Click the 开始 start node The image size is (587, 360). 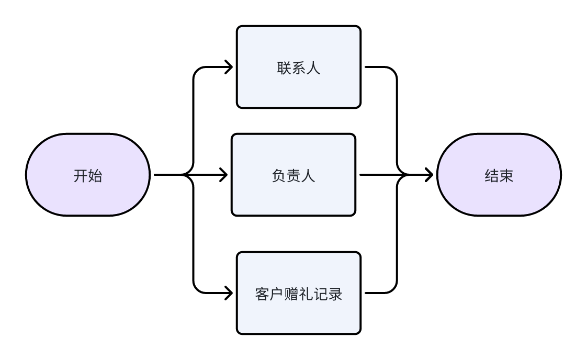coord(88,175)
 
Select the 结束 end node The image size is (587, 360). coord(499,175)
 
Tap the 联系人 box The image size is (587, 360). coord(298,67)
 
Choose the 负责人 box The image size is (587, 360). coord(293,175)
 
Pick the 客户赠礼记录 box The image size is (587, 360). coord(298,293)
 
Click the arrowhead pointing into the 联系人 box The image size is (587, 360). coord(228,67)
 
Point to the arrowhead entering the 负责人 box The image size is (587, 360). coord(223,175)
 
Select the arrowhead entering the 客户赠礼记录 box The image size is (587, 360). coord(228,293)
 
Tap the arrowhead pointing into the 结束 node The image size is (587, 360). coord(428,175)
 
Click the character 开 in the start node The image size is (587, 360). coord(81,176)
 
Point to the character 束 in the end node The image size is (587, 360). coord(506,176)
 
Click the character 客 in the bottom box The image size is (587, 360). coord(262,294)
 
